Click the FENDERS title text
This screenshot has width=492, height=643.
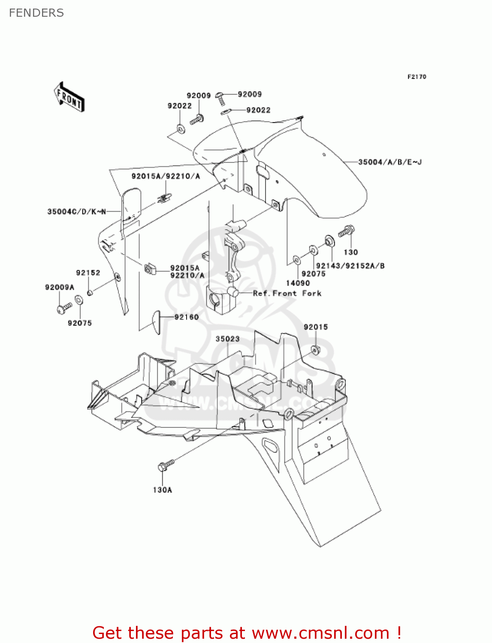point(36,13)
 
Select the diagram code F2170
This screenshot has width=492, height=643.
point(417,77)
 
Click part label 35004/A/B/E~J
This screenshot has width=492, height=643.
point(390,162)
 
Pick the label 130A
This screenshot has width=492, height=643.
point(162,490)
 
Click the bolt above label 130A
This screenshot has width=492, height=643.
point(166,465)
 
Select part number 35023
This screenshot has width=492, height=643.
point(227,339)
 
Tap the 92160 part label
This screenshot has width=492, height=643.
point(187,317)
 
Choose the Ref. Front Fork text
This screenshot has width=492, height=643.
point(287,293)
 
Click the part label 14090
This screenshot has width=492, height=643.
point(298,283)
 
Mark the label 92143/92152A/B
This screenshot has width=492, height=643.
point(350,266)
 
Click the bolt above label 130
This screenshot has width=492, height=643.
point(346,231)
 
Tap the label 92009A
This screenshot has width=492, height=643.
point(60,287)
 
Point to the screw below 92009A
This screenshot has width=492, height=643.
point(64,307)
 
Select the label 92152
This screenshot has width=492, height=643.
point(88,273)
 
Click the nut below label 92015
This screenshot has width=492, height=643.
point(316,350)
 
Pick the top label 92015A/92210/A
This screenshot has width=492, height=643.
point(166,176)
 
